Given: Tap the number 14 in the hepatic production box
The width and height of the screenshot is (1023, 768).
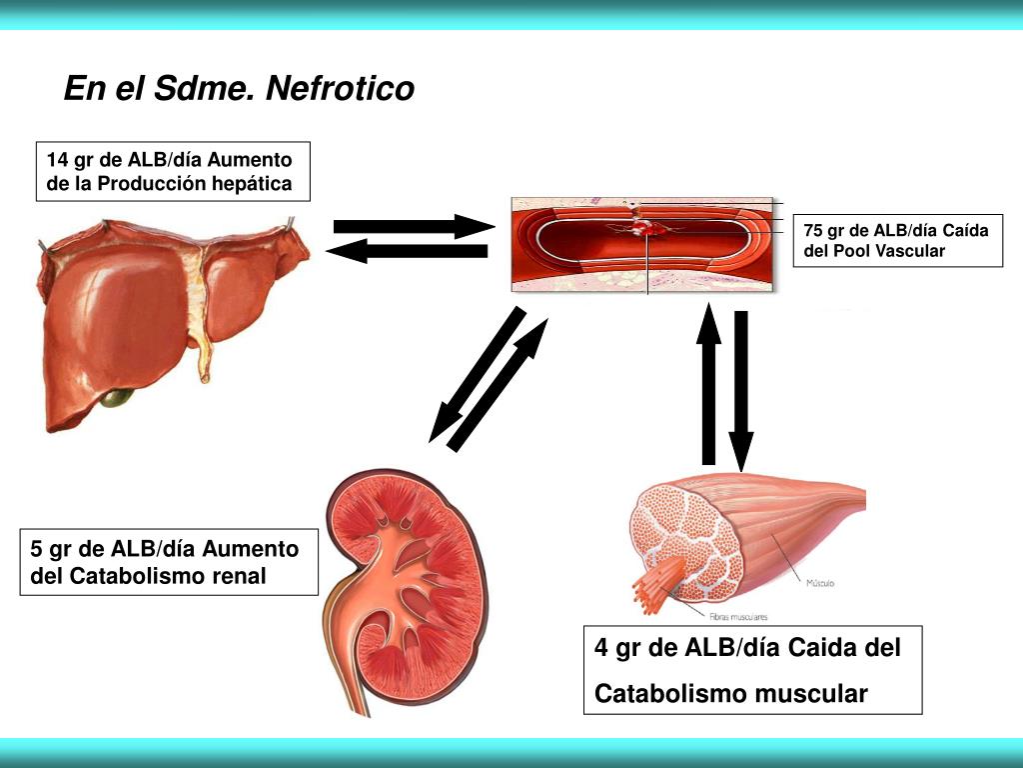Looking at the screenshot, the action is pyautogui.click(x=57, y=160).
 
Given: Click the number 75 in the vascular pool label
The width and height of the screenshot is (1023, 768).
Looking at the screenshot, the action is pyautogui.click(x=813, y=231).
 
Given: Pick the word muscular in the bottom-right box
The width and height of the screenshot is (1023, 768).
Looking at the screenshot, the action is pyautogui.click(x=810, y=693).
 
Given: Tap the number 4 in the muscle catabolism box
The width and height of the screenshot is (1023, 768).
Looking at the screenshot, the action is pyautogui.click(x=601, y=648).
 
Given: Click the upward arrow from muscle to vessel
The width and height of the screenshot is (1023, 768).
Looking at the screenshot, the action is pyautogui.click(x=708, y=385).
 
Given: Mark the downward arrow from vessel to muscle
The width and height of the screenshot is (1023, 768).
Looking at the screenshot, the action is pyautogui.click(x=740, y=390).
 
